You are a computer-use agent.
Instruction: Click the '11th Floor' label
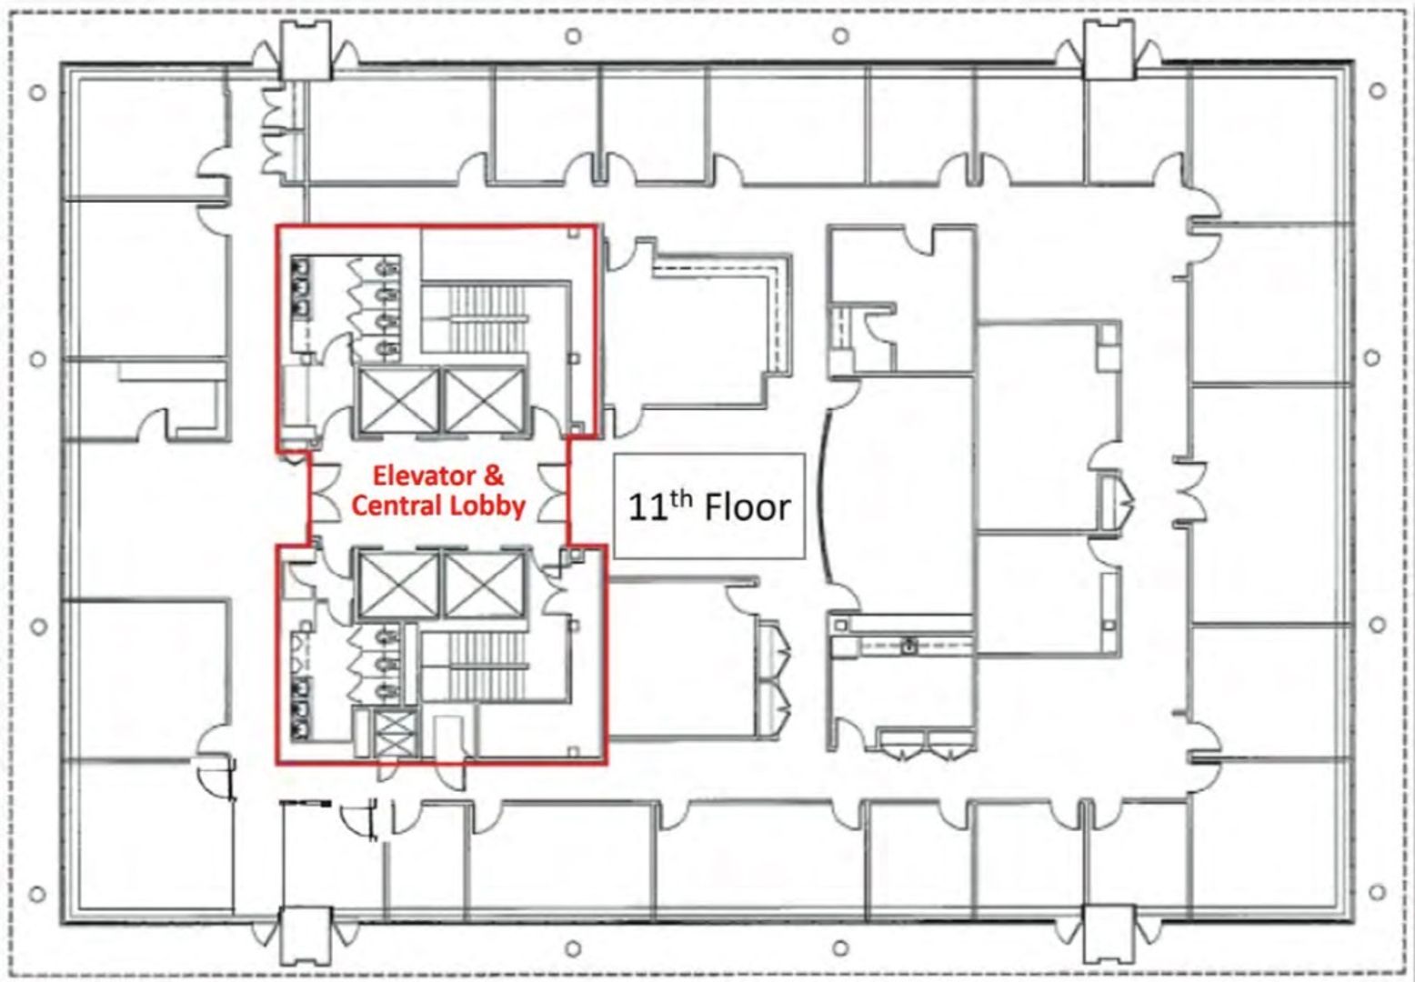pos(708,507)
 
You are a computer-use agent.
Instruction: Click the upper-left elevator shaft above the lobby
pos(398,402)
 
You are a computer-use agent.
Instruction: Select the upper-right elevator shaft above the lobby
pos(485,402)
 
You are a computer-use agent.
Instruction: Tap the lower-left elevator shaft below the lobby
pos(398,585)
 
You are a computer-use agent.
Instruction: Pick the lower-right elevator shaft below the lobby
pos(485,585)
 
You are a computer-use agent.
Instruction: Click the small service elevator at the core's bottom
pos(395,734)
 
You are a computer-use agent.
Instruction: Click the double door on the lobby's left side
pos(326,491)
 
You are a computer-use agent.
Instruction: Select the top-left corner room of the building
pos(146,135)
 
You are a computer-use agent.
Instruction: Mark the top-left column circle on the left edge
pos(38,93)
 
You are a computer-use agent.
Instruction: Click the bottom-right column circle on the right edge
pos(1377,892)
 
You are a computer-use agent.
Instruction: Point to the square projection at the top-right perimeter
pos(1109,49)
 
